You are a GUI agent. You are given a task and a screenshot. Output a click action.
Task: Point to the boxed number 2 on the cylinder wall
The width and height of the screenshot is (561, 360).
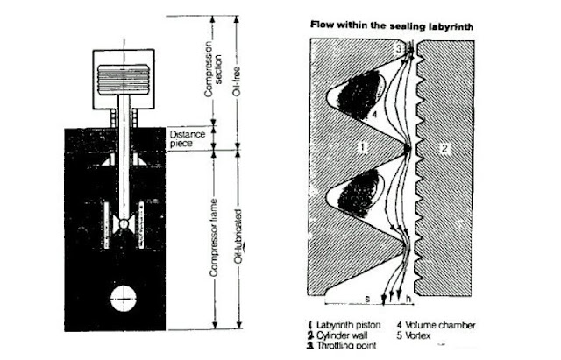click(x=444, y=150)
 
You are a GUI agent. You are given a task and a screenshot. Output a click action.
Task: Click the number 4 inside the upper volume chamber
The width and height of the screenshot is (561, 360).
click(x=373, y=112)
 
